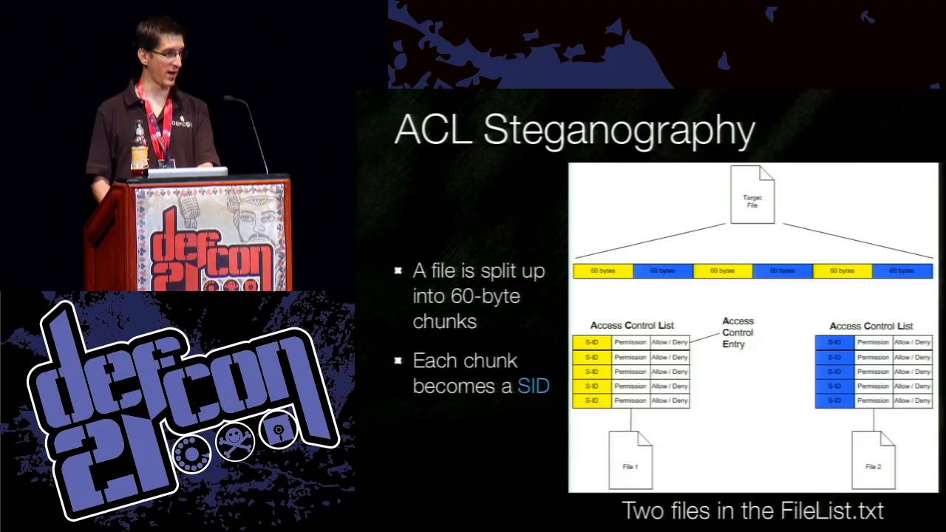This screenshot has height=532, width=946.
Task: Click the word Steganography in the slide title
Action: [x=619, y=131]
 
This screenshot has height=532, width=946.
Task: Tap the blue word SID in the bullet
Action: [x=533, y=386]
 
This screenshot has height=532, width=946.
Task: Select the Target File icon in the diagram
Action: [x=752, y=195]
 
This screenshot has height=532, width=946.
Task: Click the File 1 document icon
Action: [x=630, y=460]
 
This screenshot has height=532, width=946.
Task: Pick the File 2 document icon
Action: [x=873, y=460]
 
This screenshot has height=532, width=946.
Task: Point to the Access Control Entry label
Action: [x=738, y=332]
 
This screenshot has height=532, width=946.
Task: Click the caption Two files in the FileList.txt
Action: [x=752, y=510]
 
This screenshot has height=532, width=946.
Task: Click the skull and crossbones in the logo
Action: [x=236, y=442]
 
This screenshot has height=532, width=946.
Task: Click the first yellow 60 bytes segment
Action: [x=603, y=271]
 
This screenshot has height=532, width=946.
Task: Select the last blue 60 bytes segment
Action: [x=902, y=271]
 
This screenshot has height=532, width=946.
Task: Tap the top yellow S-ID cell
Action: [x=592, y=343]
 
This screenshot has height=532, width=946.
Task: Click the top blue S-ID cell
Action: [x=834, y=343]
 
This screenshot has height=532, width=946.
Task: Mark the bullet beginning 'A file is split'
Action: [x=478, y=296]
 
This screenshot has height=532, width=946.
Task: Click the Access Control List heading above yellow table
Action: [x=632, y=325]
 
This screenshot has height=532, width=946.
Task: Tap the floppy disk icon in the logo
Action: [x=279, y=430]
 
